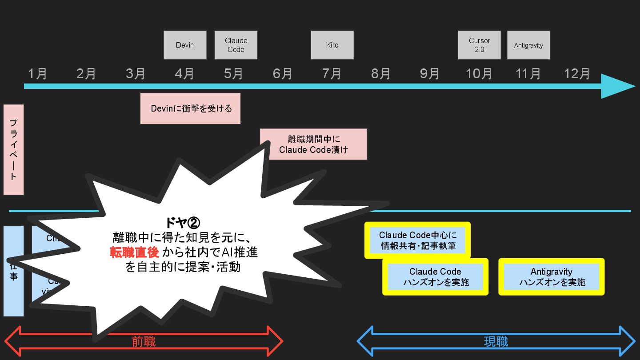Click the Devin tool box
click(185, 45)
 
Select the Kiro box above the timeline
click(332, 45)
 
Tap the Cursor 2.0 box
click(479, 45)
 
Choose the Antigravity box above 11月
click(528, 45)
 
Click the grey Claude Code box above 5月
click(236, 45)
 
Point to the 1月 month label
click(37, 73)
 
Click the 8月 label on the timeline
click(380, 73)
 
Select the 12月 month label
click(577, 73)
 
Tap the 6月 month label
click(282, 73)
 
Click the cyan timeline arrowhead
click(618, 86)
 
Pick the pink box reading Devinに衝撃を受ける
click(191, 108)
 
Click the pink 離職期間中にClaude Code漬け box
click(313, 144)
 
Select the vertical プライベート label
click(13, 150)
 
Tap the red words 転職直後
click(135, 252)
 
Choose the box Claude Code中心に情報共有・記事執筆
click(417, 240)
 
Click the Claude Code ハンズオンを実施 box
click(436, 276)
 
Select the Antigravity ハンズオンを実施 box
click(552, 276)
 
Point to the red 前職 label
click(144, 341)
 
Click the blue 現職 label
click(496, 341)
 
